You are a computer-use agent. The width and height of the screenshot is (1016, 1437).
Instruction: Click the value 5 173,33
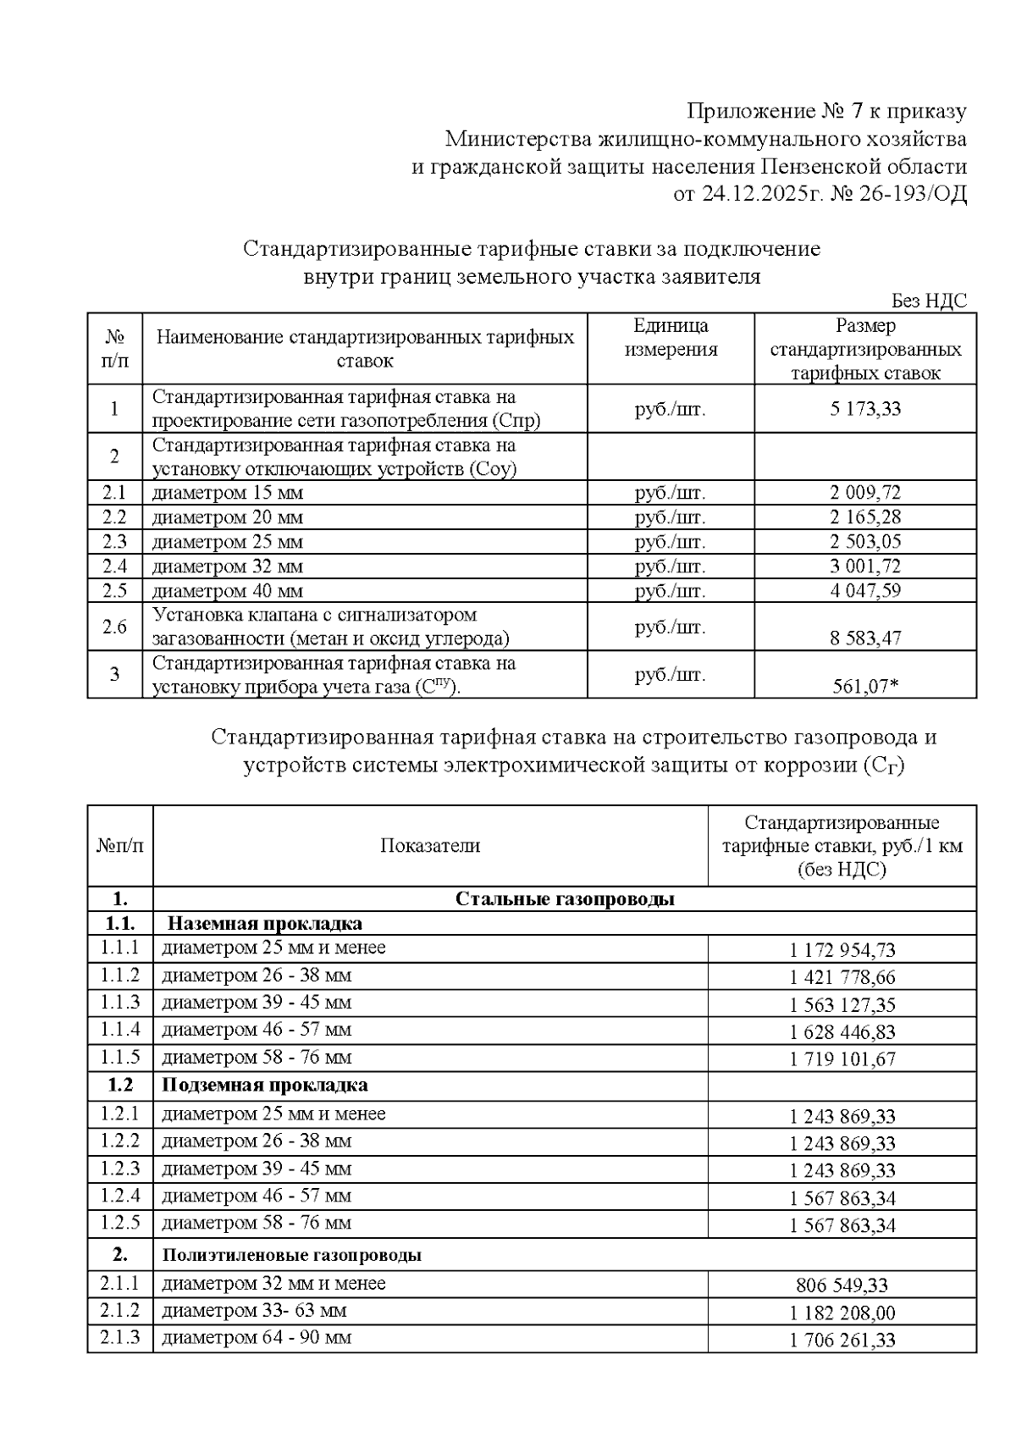(x=865, y=410)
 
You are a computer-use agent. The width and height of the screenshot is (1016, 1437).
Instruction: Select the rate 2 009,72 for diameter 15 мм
(x=865, y=494)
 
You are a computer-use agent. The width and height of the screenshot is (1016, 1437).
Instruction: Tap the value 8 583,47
(x=865, y=638)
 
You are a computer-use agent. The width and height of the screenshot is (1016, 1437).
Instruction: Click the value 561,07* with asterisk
(x=865, y=686)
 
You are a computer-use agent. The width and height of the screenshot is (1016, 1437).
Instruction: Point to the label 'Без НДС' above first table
(x=929, y=301)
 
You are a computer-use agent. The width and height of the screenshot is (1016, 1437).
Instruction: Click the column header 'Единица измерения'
(x=671, y=338)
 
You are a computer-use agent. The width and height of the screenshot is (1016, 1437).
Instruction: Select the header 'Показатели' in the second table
(x=429, y=846)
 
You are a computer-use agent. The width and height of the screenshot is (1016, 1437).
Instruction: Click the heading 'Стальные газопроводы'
(x=565, y=899)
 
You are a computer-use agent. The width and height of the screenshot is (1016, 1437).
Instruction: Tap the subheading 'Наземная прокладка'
(x=264, y=924)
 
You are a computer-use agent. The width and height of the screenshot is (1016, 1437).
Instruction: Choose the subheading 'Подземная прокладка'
(x=264, y=1086)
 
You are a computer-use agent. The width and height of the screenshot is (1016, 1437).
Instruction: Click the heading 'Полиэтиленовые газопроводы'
(x=291, y=1256)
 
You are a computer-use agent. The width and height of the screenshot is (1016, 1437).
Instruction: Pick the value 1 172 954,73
(x=842, y=951)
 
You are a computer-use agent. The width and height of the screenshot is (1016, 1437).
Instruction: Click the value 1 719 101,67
(x=842, y=1059)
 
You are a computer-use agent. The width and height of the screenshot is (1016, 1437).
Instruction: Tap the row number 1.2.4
(x=119, y=1197)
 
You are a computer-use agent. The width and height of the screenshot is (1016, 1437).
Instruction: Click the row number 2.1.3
(x=119, y=1338)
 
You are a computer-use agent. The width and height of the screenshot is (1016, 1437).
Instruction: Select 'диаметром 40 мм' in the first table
(x=227, y=591)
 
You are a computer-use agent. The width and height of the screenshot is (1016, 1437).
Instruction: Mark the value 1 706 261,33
(x=842, y=1340)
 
